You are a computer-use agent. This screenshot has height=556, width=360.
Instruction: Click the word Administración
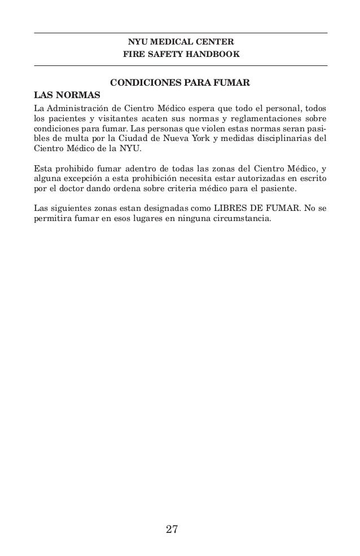[x=85, y=108]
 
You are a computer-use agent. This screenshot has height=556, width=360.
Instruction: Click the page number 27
[x=172, y=529]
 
